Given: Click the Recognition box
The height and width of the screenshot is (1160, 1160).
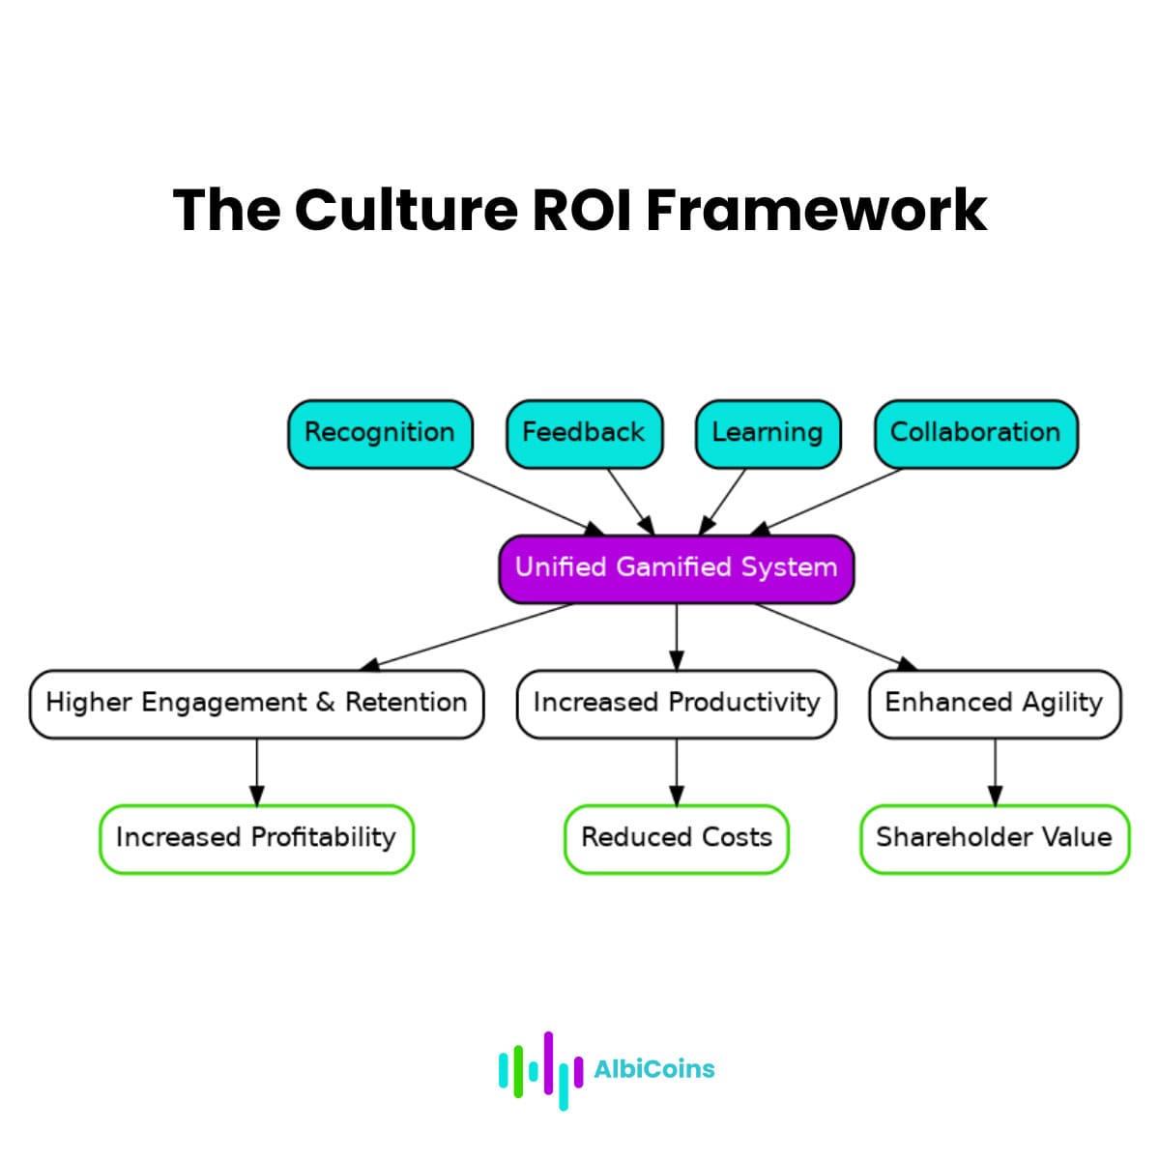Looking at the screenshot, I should [x=380, y=433].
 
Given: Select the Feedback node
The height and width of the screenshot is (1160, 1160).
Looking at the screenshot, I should [x=584, y=433].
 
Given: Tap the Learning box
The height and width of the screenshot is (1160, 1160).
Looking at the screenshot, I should [x=768, y=433].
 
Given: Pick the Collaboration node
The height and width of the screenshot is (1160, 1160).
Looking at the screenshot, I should [x=975, y=433].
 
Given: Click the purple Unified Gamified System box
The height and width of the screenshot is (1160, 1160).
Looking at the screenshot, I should [x=676, y=568].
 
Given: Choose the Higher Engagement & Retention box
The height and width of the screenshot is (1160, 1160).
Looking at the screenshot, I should [x=256, y=704].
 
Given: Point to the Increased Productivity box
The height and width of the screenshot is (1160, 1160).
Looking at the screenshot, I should [x=676, y=704].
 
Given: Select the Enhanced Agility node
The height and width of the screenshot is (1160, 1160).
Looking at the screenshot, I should [x=995, y=704].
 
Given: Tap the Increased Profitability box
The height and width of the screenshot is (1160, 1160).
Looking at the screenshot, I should [x=256, y=838].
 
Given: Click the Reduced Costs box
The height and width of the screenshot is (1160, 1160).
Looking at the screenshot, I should [x=676, y=838].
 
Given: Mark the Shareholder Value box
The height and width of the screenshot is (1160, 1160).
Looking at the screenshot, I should [x=995, y=838].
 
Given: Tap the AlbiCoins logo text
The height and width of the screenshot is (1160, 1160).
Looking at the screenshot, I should [x=654, y=1069].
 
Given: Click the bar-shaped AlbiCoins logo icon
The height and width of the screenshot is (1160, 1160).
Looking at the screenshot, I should [x=539, y=1069].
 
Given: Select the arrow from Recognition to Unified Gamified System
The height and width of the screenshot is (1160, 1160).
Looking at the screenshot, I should [x=527, y=501].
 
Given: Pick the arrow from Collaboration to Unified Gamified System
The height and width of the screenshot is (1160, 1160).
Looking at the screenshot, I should [x=827, y=501].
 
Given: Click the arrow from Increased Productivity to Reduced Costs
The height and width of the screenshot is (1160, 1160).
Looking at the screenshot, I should [x=677, y=771].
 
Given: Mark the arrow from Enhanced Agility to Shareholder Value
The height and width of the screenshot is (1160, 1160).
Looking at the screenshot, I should [x=995, y=771].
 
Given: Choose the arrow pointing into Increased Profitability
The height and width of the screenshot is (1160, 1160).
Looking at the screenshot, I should [x=257, y=771].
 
